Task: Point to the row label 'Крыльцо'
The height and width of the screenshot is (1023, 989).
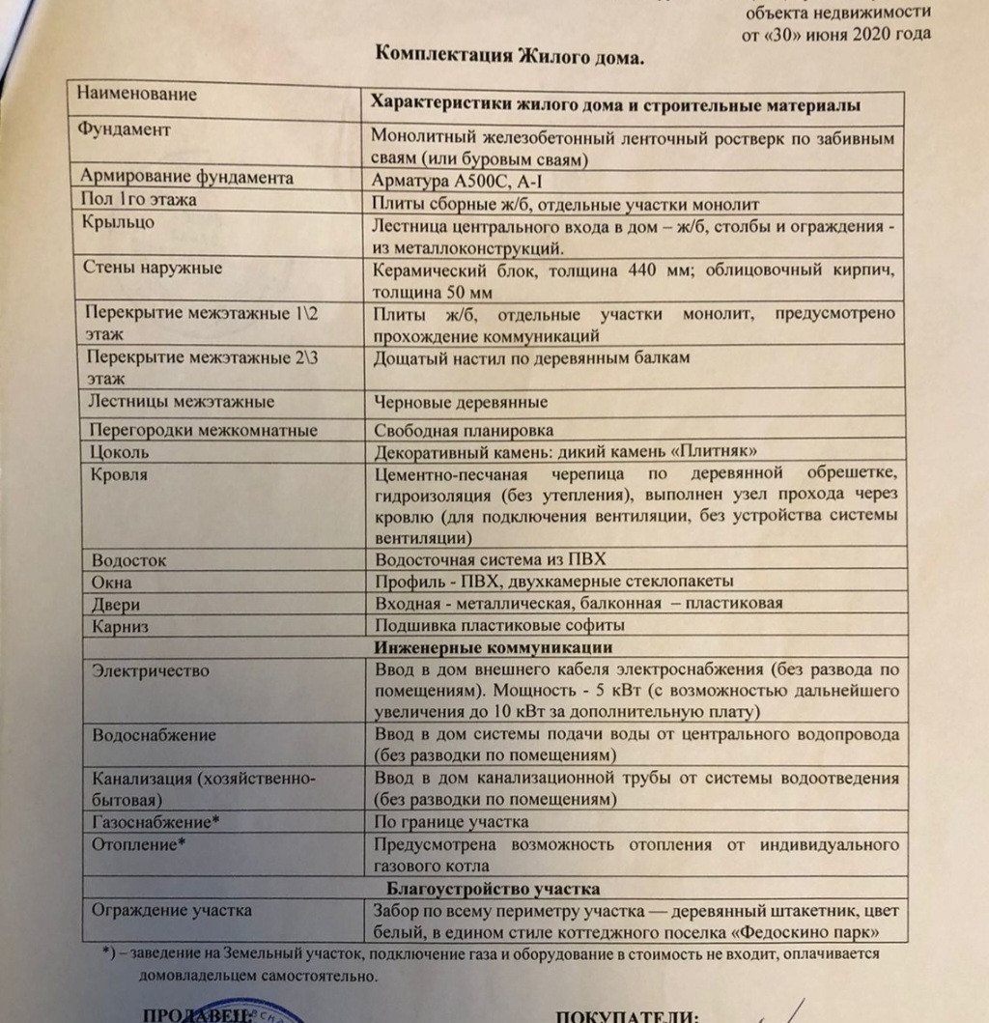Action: click(119, 221)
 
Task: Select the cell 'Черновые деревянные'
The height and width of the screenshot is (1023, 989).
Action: click(461, 402)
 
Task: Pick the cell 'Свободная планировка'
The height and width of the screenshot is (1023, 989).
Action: click(464, 431)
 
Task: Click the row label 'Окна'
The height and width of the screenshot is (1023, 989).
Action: click(111, 583)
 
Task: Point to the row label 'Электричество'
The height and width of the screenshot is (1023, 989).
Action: click(150, 670)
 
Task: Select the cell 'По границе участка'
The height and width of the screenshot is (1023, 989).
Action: click(450, 822)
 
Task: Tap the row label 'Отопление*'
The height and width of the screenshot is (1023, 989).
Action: click(138, 843)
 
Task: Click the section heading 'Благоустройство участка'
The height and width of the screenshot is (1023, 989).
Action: click(494, 888)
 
